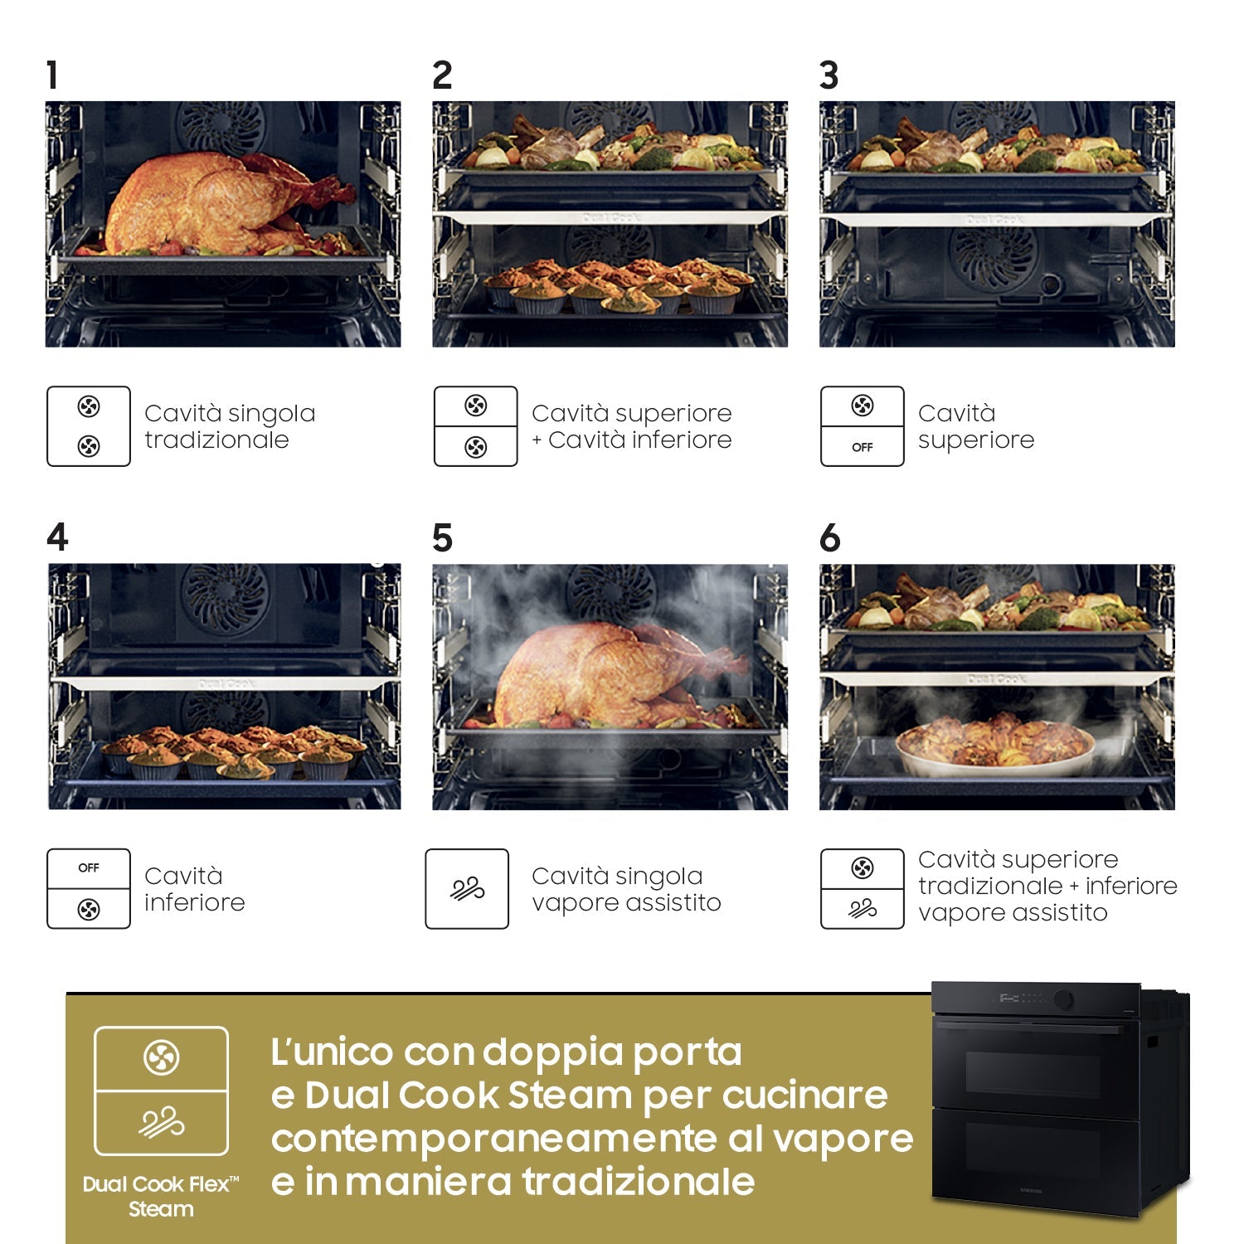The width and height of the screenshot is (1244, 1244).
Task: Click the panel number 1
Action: click(52, 75)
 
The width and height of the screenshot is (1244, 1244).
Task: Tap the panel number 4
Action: click(57, 537)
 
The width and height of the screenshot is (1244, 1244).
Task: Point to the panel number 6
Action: click(829, 537)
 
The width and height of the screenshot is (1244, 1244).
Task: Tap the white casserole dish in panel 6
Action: click(995, 746)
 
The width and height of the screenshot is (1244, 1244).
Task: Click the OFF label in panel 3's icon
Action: click(863, 447)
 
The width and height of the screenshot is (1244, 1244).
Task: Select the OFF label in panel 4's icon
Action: click(89, 868)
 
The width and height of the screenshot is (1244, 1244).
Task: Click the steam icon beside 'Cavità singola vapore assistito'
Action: click(467, 888)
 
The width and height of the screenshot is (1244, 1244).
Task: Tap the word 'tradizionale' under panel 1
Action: click(216, 440)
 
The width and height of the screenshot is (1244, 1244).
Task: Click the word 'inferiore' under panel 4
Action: click(195, 902)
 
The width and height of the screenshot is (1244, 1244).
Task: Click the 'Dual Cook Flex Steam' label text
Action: click(161, 1196)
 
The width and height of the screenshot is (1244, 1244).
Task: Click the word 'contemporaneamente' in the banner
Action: click(494, 1138)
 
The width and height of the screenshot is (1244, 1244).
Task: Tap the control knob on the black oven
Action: click(1063, 999)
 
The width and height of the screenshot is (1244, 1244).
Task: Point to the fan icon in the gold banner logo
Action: click(161, 1057)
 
